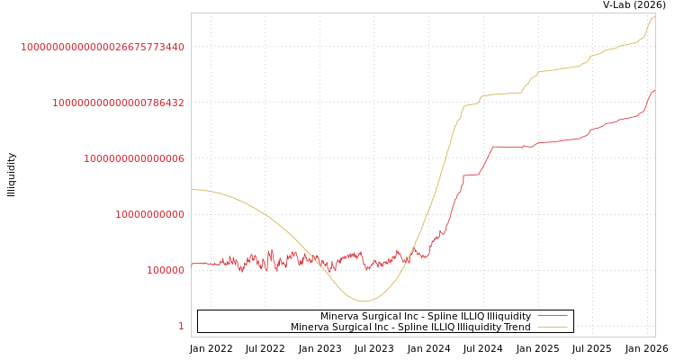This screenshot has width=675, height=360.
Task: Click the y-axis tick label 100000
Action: click(166, 270)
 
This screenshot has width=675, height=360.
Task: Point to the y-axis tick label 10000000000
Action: click(149, 214)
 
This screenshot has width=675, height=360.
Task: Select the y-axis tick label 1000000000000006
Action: click(134, 158)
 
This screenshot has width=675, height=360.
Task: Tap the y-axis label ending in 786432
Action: click(118, 103)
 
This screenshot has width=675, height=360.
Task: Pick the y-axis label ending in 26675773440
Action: click(103, 47)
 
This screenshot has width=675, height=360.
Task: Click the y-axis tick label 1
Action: click(181, 326)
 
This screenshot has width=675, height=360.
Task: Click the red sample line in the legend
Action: click(552, 316)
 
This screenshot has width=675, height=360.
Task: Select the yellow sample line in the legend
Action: click(552, 327)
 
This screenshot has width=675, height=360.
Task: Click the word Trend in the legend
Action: click(517, 327)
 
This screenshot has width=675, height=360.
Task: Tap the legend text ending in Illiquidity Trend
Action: click(410, 327)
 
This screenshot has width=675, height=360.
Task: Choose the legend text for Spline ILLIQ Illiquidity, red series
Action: click(426, 316)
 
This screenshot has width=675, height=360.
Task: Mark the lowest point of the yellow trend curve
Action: click(364, 301)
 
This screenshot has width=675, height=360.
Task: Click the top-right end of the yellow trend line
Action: click(654, 16)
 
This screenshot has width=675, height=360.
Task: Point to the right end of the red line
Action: click(654, 90)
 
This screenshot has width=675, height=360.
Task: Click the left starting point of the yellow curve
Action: click(192, 189)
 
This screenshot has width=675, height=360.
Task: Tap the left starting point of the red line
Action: click(192, 264)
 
